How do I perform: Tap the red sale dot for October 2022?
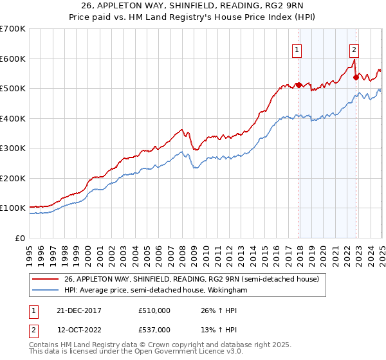tap(356, 77)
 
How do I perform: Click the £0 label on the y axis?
tap(21, 239)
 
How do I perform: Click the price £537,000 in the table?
tap(154, 330)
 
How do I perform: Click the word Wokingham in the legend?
tap(227, 291)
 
